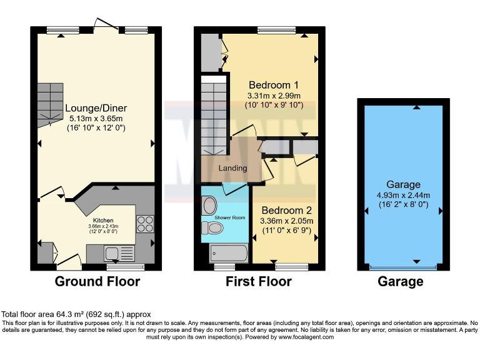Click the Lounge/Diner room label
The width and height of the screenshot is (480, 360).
pos(96,107)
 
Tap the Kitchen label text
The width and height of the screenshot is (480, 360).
pos(104,221)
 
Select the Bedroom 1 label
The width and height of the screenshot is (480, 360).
pos(274,85)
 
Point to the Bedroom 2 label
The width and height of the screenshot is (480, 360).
pos(287,210)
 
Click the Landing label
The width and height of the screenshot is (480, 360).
pos(232,168)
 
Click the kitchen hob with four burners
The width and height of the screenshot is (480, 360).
pos(144,223)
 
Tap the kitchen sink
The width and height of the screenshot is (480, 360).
pos(113,253)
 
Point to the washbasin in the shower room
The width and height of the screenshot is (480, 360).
pos(209,204)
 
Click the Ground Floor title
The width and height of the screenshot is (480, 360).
pos(97,282)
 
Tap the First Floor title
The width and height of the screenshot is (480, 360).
pos(258,282)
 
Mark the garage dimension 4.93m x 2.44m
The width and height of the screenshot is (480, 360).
pos(402,195)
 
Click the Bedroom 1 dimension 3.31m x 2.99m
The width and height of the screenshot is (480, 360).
pos(274,96)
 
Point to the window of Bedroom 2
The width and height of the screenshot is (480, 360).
pos(292,267)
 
